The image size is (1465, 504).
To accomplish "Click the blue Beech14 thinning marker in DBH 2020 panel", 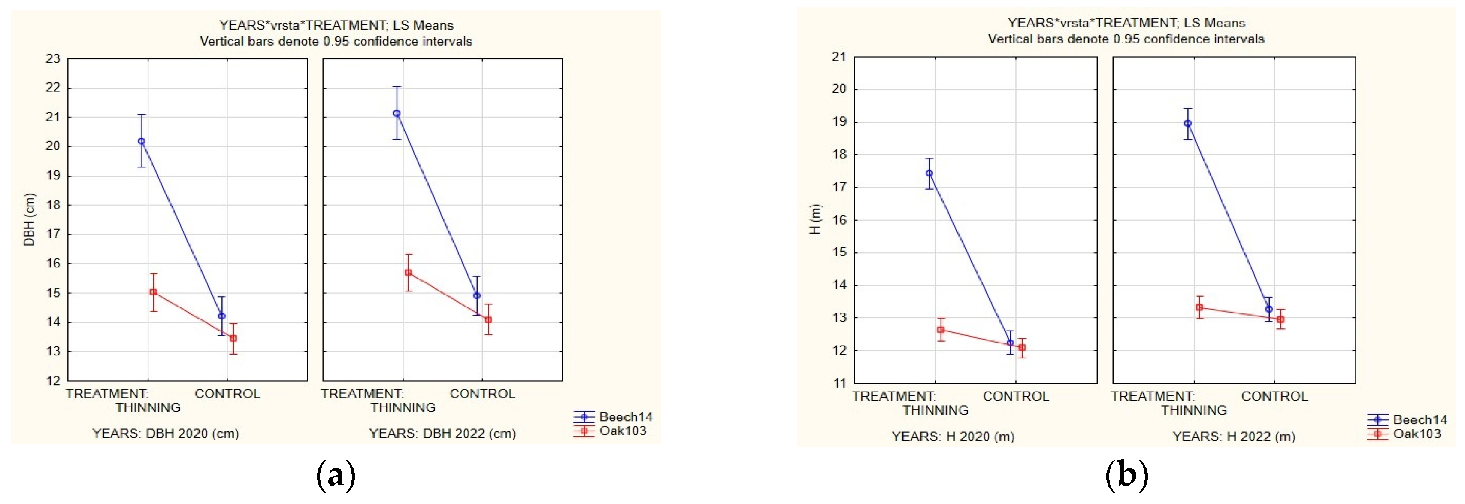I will point(142,141).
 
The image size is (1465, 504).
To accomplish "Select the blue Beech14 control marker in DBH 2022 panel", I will point(477,296).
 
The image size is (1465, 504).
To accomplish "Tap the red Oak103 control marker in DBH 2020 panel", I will point(233,338).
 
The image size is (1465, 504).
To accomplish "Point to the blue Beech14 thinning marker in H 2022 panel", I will point(1187,124).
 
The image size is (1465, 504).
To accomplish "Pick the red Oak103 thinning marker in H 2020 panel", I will point(941,330).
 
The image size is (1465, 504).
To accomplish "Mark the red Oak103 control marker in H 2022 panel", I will point(1281,320).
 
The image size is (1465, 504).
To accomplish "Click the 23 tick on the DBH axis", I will point(53,58).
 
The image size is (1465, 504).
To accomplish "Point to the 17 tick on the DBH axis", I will point(53,234).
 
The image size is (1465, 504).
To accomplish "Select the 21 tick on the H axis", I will point(839,57).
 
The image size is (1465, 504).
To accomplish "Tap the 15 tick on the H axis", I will point(839,252).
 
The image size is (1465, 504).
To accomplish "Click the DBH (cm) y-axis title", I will point(29,219).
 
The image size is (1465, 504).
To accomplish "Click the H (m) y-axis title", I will point(815,219).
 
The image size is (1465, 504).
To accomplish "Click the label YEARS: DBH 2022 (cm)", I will point(442,434).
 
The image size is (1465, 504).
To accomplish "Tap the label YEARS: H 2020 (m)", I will point(953,436).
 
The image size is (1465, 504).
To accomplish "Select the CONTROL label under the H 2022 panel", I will point(1274,397).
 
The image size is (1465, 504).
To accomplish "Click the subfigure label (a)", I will point(336,475).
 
